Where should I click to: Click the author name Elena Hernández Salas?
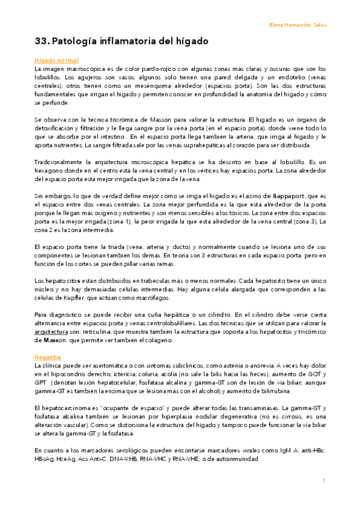(x=297, y=25)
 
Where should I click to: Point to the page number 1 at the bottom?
(x=323, y=480)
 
